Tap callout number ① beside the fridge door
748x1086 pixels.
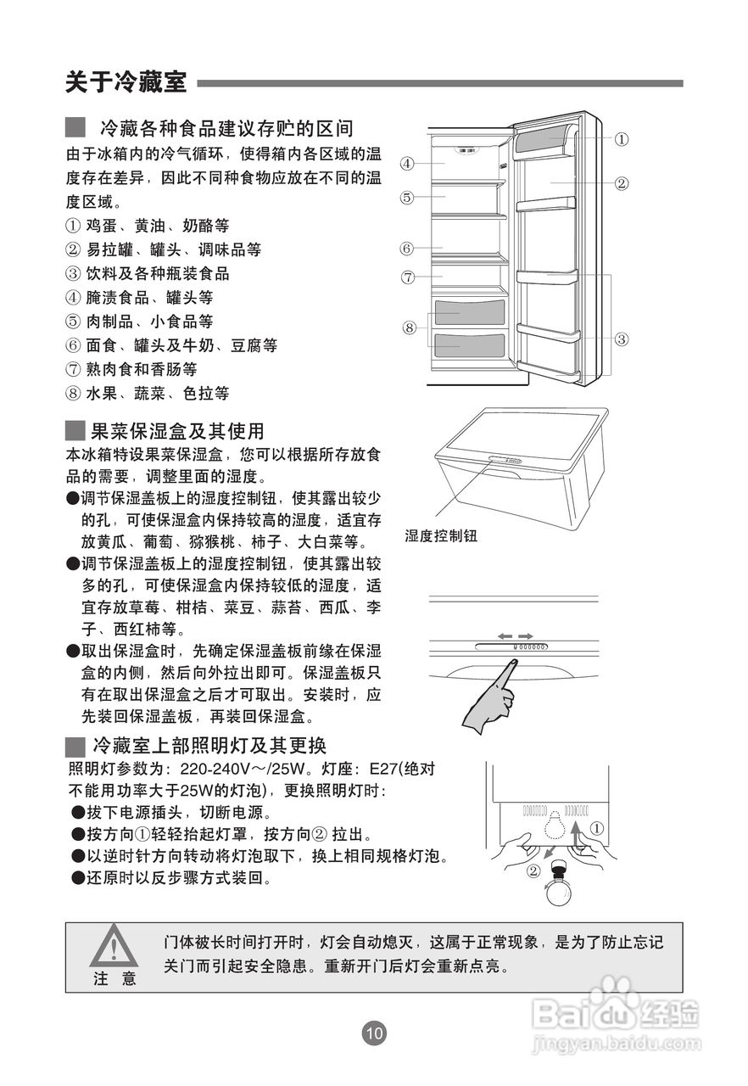622,138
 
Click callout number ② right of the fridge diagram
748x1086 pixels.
622,182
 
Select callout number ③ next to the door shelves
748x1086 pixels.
622,339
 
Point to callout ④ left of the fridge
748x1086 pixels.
407,163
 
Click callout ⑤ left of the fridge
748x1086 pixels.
407,198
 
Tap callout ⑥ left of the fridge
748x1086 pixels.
407,249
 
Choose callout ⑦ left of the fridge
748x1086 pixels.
407,277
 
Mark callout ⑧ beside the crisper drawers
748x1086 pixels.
410,327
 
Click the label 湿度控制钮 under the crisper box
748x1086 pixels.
441,536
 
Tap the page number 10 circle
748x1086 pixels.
374,1033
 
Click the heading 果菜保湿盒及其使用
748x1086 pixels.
177,431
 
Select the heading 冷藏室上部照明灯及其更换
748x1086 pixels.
209,747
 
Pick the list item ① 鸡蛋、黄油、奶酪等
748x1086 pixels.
148,227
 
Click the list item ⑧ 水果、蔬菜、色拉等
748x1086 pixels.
148,394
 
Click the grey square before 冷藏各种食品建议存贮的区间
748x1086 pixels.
75,128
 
